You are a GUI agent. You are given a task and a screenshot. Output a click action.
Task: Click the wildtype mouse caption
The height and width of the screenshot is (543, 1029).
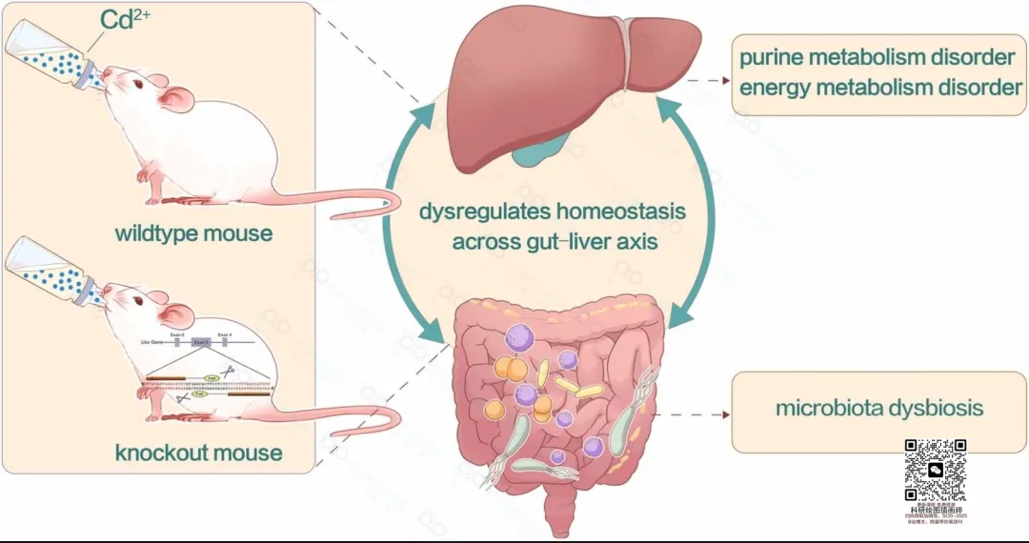click(193, 233)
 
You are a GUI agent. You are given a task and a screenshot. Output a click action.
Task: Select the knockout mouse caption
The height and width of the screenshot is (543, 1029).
click(199, 451)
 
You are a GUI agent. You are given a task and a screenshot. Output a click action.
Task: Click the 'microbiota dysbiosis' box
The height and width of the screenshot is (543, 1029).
click(878, 409)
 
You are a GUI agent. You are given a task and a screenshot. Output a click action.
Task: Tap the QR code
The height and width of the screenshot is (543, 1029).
click(935, 470)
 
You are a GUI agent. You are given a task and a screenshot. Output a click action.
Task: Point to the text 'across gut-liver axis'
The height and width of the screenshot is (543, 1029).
click(555, 241)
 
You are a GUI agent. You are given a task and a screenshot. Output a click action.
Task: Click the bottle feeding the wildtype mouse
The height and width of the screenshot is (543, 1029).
click(52, 55)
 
